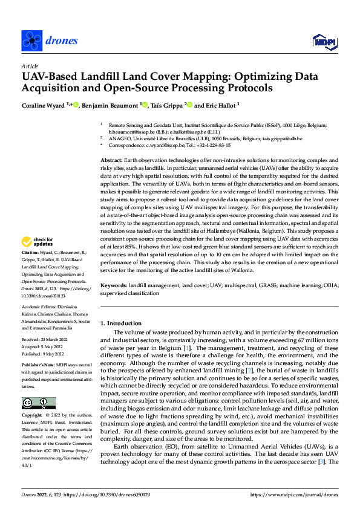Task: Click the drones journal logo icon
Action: point(31,41)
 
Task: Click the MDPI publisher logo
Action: point(323,41)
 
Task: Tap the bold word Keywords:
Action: point(114,285)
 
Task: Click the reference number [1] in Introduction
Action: point(188,348)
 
